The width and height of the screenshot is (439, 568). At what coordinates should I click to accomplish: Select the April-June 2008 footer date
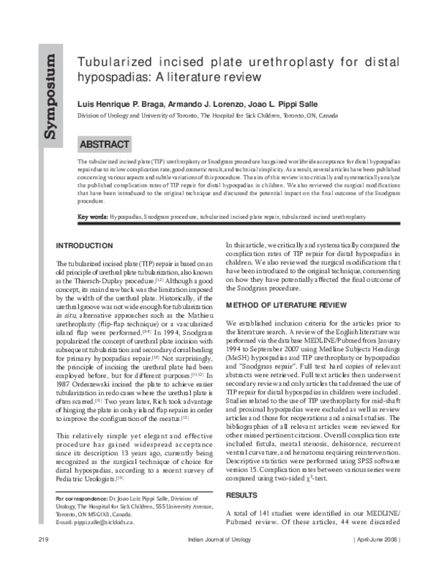[378, 559]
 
